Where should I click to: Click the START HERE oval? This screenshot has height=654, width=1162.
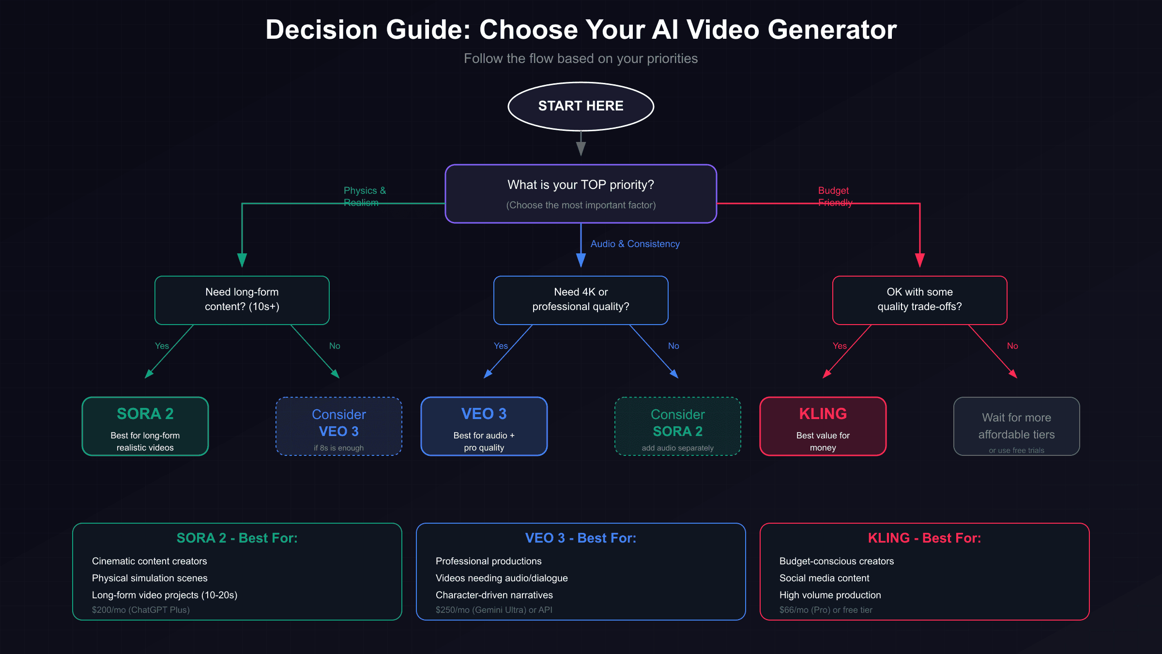pos(581,106)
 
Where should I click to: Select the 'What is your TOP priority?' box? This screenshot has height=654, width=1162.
pos(581,194)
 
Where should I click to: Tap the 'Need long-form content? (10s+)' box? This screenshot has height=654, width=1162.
pos(242,300)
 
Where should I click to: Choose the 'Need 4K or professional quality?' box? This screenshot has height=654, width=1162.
pos(581,300)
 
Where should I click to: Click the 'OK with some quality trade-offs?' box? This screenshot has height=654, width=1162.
pos(919,300)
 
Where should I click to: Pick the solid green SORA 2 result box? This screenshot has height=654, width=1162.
pos(145,426)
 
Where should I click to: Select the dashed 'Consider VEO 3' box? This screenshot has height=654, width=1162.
pos(338,426)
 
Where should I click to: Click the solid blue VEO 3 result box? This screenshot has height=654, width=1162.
pos(484,426)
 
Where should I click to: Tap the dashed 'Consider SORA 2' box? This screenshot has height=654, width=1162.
pos(677,426)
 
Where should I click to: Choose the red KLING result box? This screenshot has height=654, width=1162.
pos(823,426)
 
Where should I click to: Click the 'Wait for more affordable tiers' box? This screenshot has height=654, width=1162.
pos(1016,426)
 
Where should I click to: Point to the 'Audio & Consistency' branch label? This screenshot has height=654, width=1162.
pos(635,244)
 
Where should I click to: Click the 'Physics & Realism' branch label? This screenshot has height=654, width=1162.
pos(364,196)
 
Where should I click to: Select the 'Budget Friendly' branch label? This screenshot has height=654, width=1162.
pos(835,196)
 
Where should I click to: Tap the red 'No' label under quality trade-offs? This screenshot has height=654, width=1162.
pos(1012,346)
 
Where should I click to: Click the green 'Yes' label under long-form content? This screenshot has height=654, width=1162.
pos(162,346)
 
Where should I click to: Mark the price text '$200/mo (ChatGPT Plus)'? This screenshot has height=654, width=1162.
pos(140,610)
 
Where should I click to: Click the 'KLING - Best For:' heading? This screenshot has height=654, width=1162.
pos(924,538)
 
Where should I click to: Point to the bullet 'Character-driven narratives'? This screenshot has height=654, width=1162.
pos(494,595)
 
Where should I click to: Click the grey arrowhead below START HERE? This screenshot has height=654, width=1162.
pos(581,148)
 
